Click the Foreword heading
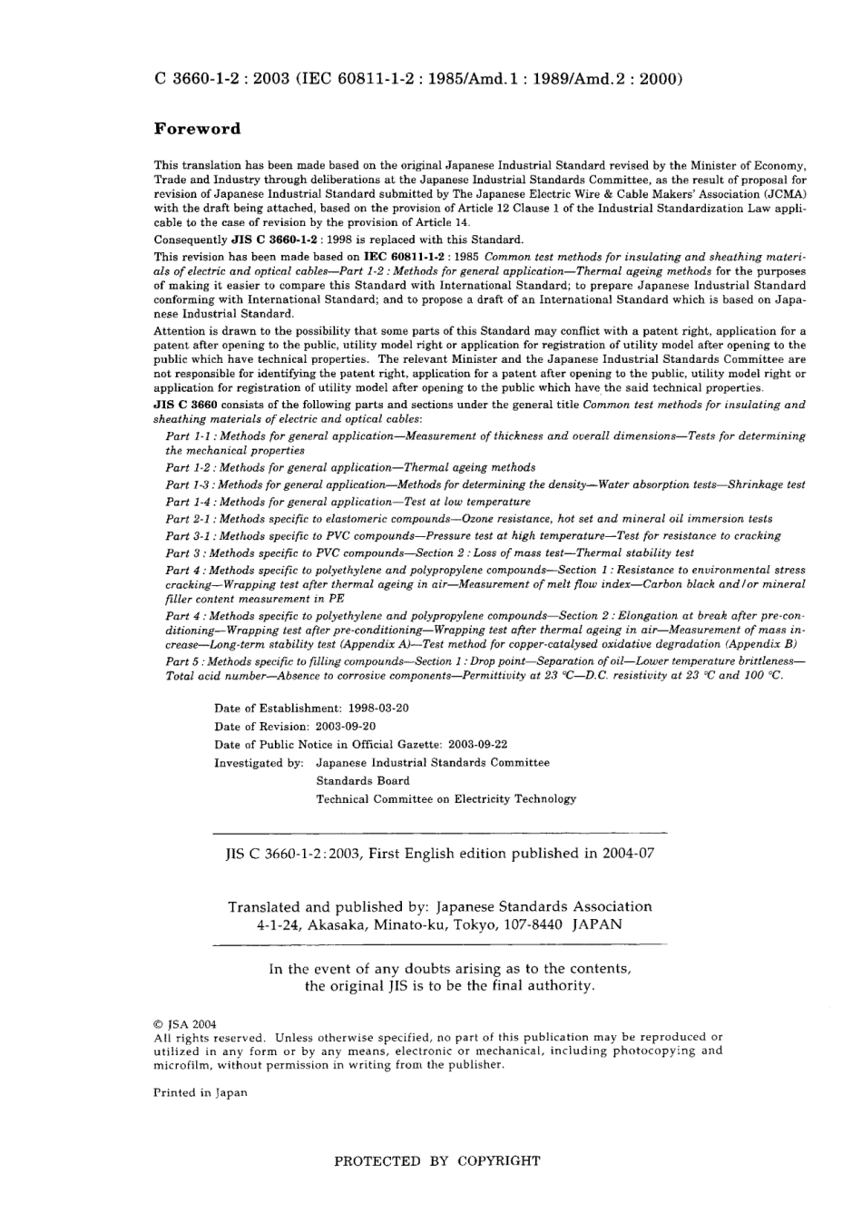point(197,129)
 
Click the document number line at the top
point(418,79)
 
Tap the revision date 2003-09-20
point(346,727)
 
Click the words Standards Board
point(362,781)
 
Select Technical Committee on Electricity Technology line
point(446,799)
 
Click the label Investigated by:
point(259,763)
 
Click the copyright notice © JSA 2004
point(185,1022)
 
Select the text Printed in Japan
point(200,1093)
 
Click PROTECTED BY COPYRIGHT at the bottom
point(437,1160)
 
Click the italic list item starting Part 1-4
point(348,502)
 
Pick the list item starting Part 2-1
point(468,519)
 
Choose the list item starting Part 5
point(485,669)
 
